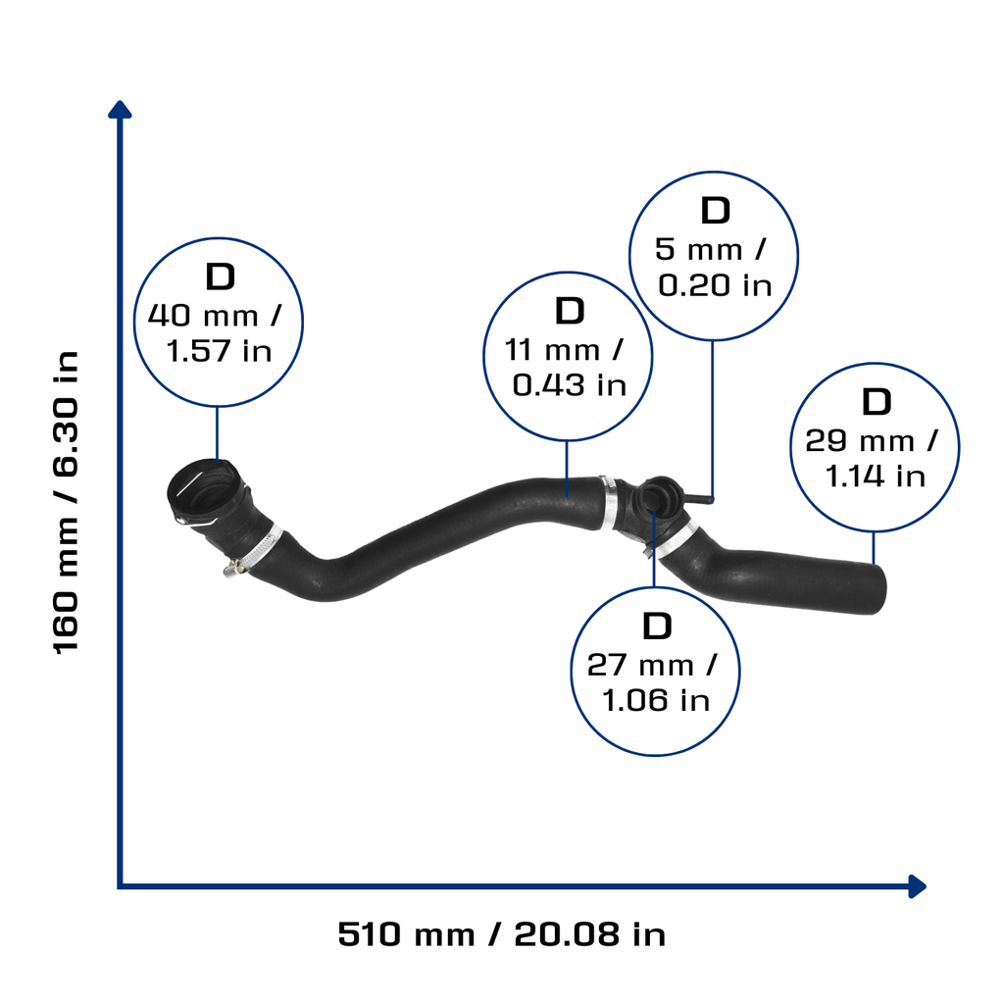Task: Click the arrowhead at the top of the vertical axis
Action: pyautogui.click(x=120, y=110)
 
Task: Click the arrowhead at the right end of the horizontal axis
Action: pyautogui.click(x=918, y=886)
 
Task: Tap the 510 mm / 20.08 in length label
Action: pyautogui.click(x=501, y=934)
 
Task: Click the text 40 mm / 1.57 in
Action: pyautogui.click(x=217, y=333)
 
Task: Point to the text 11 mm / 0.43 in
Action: pyautogui.click(x=566, y=368)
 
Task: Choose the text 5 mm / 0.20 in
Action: pyautogui.click(x=713, y=267)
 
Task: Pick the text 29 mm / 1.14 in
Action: pyautogui.click(x=872, y=458)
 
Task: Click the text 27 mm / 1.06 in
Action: pyautogui.click(x=653, y=682)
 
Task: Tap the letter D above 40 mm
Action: pyautogui.click(x=221, y=276)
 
